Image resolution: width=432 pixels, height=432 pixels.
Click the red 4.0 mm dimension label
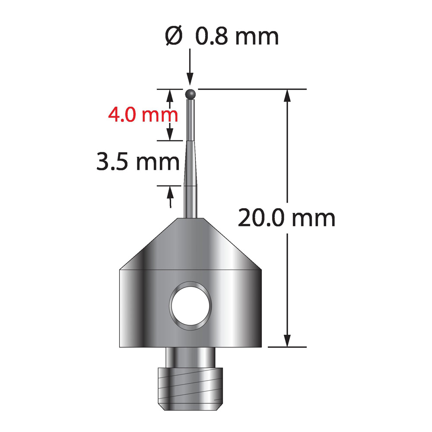click(x=143, y=115)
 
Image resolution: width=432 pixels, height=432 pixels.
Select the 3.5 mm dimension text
click(x=138, y=162)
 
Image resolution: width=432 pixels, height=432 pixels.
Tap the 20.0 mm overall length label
click(x=286, y=218)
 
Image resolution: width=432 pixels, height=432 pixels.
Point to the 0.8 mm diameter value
click(x=237, y=36)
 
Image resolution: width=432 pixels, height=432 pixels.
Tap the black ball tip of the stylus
click(x=191, y=94)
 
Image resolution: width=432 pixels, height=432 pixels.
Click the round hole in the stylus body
click(x=191, y=306)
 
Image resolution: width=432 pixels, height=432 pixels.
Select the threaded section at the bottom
click(x=190, y=389)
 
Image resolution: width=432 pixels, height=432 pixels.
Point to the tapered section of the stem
click(x=191, y=163)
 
